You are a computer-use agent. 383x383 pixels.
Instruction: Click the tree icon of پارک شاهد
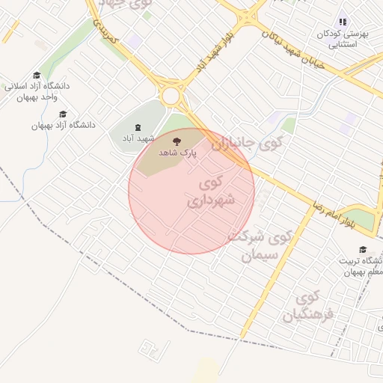[x=177, y=140]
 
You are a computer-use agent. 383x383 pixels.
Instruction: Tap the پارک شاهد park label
[x=177, y=152]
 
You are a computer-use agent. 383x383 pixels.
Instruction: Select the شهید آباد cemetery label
[x=138, y=139]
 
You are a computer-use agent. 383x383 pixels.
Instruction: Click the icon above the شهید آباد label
[x=138, y=128]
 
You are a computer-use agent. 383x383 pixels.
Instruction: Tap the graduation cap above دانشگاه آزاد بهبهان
[x=62, y=114]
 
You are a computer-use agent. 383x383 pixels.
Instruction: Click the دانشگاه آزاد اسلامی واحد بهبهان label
[x=37, y=91]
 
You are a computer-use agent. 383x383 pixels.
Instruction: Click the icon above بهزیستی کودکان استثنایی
[x=343, y=22]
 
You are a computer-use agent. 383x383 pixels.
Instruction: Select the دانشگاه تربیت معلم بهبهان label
[x=364, y=266]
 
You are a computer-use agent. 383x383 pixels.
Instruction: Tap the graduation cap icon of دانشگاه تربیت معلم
[x=363, y=250]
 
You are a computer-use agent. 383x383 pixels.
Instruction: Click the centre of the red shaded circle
[x=191, y=191]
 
